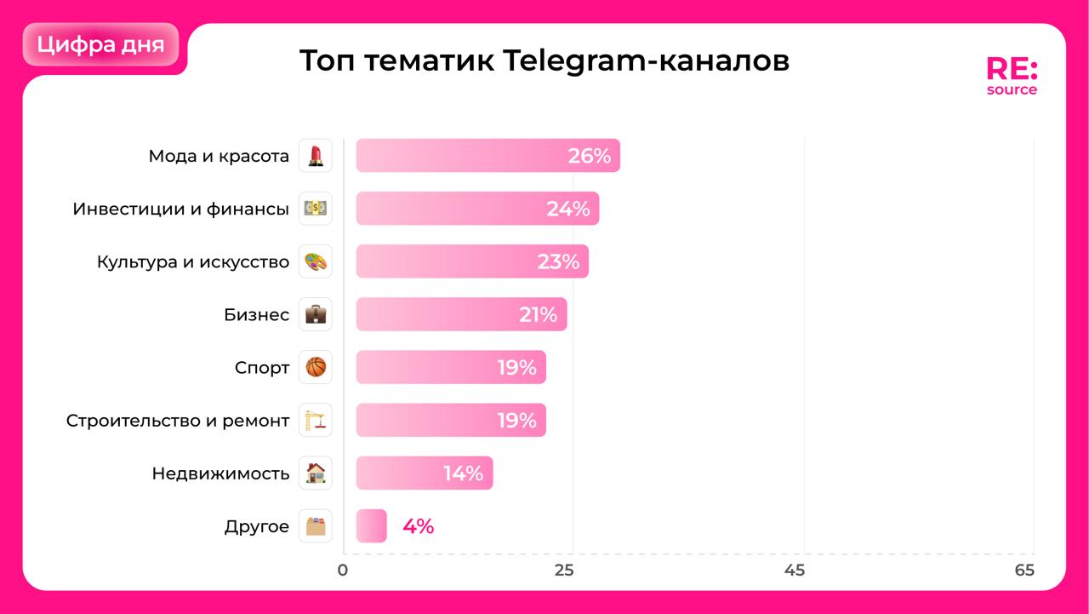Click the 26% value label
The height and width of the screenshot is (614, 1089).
(590, 156)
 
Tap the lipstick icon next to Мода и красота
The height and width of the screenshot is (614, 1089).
(316, 156)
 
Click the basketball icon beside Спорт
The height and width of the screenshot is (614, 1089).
(316, 368)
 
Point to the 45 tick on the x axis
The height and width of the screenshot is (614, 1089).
(794, 570)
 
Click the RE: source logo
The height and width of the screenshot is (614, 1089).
(1012, 76)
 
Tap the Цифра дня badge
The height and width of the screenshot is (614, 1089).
(101, 44)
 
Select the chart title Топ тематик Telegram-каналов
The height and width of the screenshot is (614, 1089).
(544, 61)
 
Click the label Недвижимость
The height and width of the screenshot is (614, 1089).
(220, 473)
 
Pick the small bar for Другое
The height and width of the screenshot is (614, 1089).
(371, 526)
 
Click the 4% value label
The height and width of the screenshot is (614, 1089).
(418, 526)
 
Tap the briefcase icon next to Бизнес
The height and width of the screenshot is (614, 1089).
(316, 314)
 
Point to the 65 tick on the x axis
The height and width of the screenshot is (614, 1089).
(1025, 570)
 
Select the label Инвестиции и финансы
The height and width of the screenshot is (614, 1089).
(180, 209)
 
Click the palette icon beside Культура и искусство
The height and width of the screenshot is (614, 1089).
(316, 261)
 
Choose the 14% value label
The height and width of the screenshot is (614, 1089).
(463, 473)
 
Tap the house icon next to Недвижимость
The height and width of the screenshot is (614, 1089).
(316, 473)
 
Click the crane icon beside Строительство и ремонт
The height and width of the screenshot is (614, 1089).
(316, 421)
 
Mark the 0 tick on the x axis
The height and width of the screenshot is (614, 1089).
(342, 570)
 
